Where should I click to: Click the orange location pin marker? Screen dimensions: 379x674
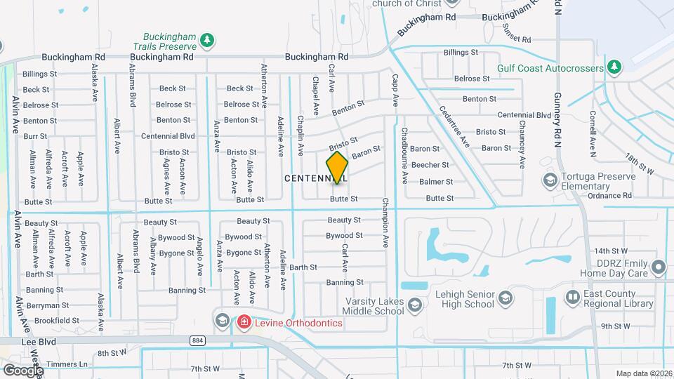[x=337, y=167]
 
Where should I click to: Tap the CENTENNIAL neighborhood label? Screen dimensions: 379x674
[x=315, y=179]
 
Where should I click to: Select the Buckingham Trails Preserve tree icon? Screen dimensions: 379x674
[x=206, y=41]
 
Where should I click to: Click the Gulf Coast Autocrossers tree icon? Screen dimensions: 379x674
[x=614, y=67]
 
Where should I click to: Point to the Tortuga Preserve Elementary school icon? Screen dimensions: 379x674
[x=550, y=181]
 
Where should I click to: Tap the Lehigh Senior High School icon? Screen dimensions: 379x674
[x=505, y=300]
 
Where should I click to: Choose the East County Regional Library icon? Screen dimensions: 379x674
[x=573, y=298]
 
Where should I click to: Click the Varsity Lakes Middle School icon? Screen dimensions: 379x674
[x=415, y=304]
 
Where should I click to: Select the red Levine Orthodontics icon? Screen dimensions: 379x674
[x=244, y=322]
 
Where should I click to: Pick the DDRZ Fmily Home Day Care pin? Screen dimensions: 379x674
[x=658, y=267]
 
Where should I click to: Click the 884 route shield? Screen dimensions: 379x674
[x=196, y=340]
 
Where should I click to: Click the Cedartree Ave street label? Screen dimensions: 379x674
[x=454, y=126]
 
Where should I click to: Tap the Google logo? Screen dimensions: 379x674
[x=23, y=370]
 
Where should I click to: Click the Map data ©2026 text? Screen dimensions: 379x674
[x=643, y=373]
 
